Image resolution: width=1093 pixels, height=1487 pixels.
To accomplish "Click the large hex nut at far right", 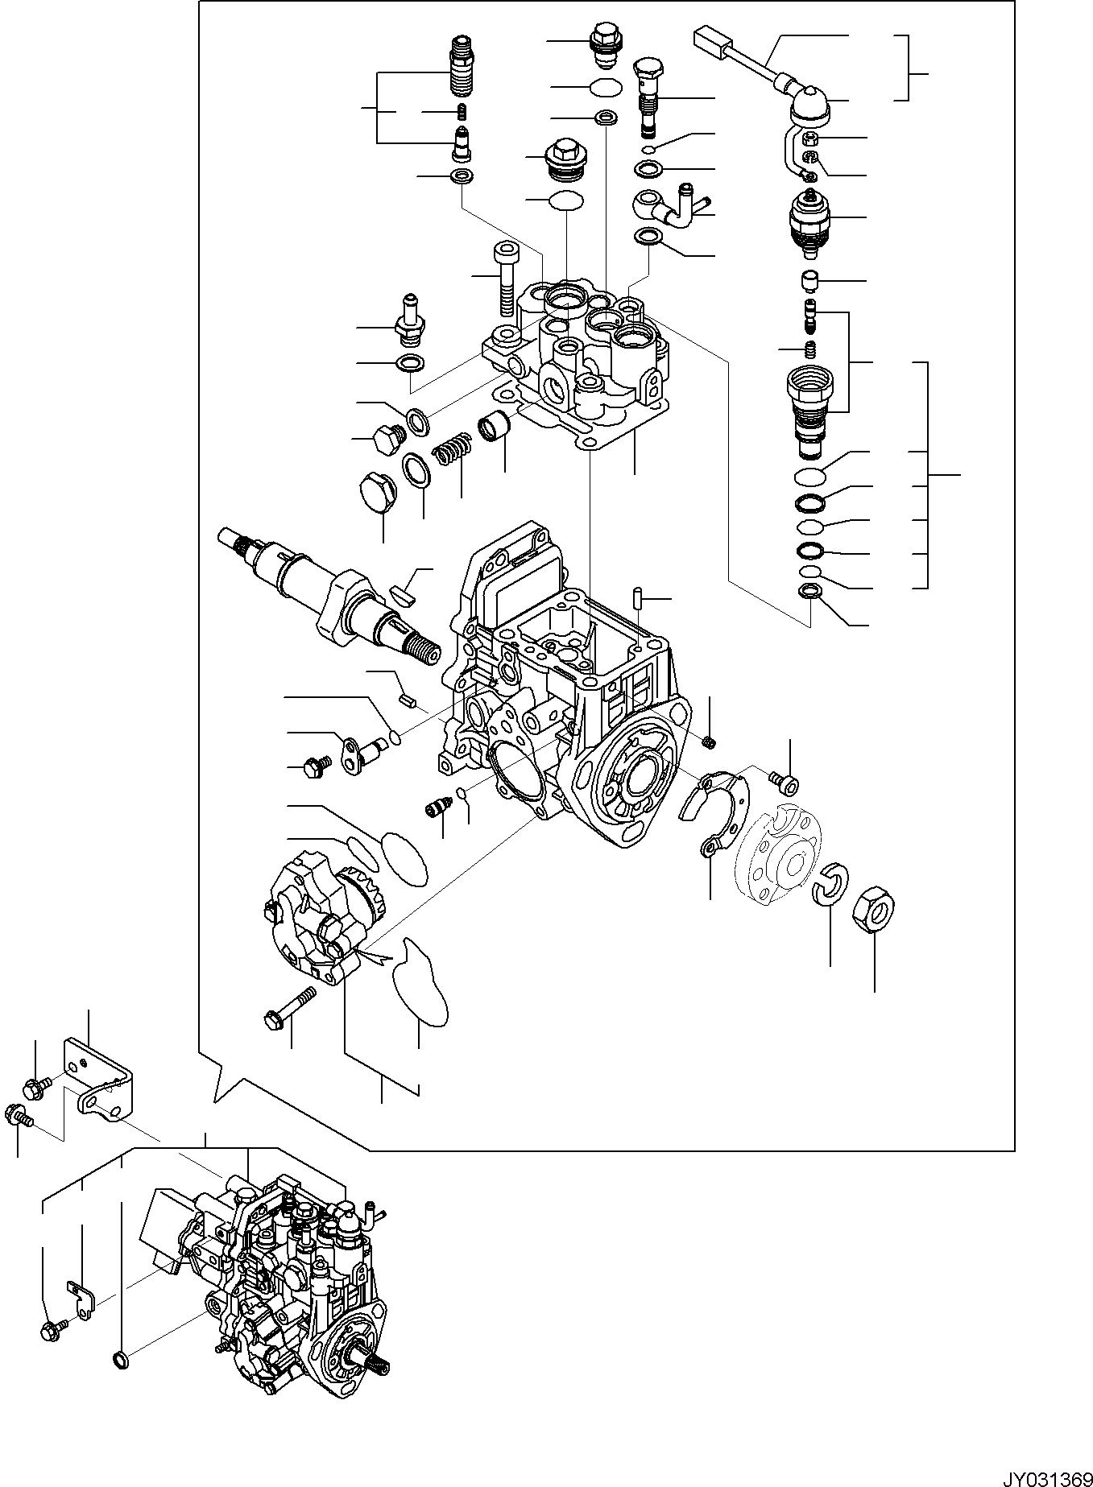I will click(x=876, y=907).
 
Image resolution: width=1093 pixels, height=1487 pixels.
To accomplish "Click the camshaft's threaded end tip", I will click(x=424, y=640).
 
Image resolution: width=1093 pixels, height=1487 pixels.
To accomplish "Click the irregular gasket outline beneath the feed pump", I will click(x=418, y=983).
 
